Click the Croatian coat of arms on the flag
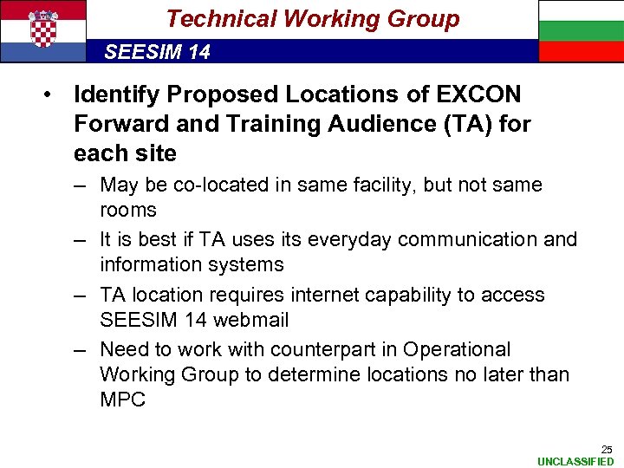(42, 29)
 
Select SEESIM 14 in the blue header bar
(157, 52)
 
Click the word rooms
(128, 210)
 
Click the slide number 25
(607, 449)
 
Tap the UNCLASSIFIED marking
(575, 461)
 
